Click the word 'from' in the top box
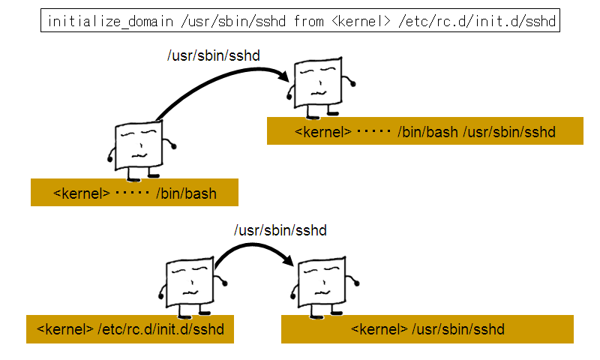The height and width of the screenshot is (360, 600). click(x=309, y=21)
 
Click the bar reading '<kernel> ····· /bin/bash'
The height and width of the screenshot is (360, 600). click(x=134, y=193)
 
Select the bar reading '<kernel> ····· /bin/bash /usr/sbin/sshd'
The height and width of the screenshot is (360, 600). click(x=424, y=131)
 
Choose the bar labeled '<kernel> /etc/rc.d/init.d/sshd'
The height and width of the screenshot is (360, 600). click(x=130, y=329)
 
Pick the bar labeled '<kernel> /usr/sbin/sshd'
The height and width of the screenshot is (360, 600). click(x=427, y=329)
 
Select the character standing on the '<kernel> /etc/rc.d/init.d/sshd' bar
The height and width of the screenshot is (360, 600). click(x=188, y=284)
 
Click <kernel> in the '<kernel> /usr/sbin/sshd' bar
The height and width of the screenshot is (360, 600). click(x=379, y=329)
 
